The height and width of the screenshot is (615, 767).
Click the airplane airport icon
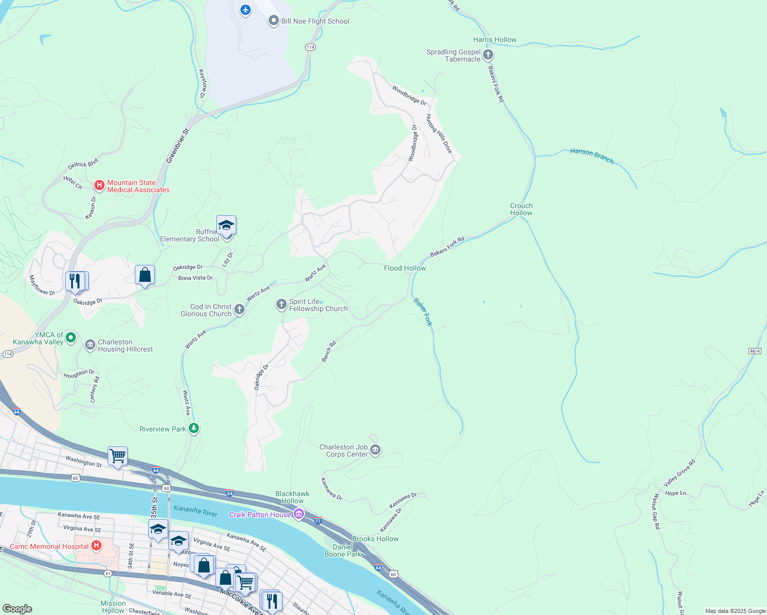pyautogui.click(x=246, y=9)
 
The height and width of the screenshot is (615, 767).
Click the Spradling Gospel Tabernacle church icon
pyautogui.click(x=488, y=55)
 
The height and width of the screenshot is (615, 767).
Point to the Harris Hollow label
pyautogui.click(x=495, y=39)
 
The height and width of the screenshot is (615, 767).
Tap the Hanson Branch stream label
pyautogui.click(x=592, y=156)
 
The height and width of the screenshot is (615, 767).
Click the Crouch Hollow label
pyautogui.click(x=521, y=209)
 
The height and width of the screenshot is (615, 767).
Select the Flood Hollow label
pyautogui.click(x=405, y=268)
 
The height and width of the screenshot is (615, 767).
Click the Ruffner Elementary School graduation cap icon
pyautogui.click(x=226, y=225)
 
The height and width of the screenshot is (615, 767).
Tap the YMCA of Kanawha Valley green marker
pyautogui.click(x=71, y=337)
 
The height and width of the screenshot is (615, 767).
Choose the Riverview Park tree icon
pyautogui.click(x=193, y=428)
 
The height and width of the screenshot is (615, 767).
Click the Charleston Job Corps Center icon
pyautogui.click(x=375, y=450)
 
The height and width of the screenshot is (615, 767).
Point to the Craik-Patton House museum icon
pyautogui.click(x=298, y=514)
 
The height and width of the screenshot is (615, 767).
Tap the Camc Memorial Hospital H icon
pyautogui.click(x=96, y=546)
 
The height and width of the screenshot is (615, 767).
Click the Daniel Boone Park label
pyautogui.click(x=342, y=550)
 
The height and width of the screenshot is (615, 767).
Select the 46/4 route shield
pyautogui.click(x=755, y=351)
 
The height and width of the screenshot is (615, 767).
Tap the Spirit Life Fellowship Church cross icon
pyautogui.click(x=281, y=304)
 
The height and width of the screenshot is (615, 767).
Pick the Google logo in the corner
pyautogui.click(x=17, y=608)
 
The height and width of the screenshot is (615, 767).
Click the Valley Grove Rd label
pyautogui.click(x=679, y=473)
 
